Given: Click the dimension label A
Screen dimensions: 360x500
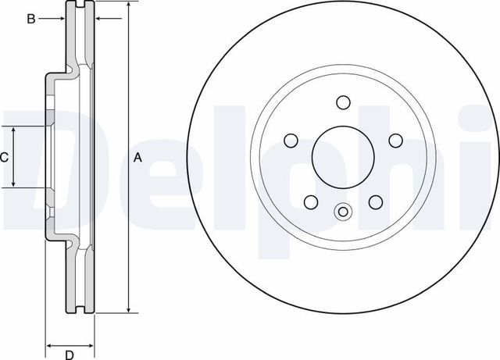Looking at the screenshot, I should pos(138,158).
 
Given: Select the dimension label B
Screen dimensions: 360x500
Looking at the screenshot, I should pos(31,19).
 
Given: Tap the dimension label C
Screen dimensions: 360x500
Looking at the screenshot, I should pos(5,157).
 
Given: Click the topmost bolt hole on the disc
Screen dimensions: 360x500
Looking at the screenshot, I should pos(342,102).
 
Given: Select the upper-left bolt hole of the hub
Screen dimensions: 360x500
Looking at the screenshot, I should pos(290,140).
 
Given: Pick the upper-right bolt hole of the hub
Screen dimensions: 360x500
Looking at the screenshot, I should pos(395,140).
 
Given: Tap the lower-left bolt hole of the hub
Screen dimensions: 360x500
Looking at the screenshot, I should pos(310,201).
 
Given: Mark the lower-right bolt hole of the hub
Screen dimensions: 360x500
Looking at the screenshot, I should pos(375,201).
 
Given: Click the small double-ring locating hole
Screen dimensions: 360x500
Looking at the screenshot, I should pos(342,211).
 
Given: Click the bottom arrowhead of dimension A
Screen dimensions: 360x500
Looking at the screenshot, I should pos(127,311).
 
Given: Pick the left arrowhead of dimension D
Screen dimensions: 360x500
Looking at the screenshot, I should pos(49,344).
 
